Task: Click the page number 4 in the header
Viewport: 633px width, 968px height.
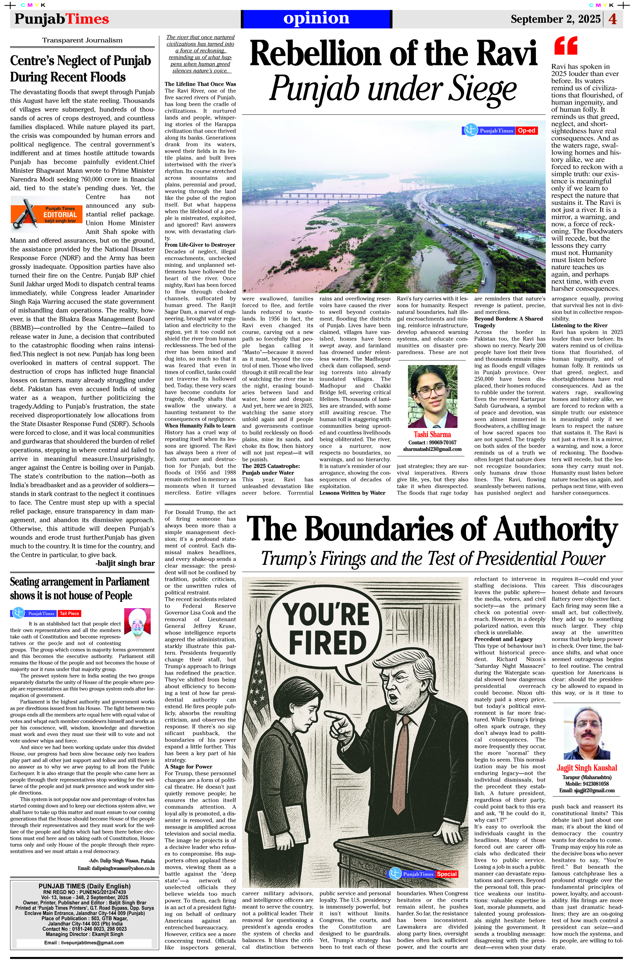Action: [x=613, y=19]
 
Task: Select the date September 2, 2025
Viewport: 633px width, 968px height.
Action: [x=555, y=19]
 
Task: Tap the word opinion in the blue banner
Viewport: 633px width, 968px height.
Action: [x=316, y=18]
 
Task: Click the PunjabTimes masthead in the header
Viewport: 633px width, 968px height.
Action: [x=61, y=19]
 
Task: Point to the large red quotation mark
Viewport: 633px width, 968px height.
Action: [x=566, y=46]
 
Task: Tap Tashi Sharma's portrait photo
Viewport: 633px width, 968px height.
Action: [x=432, y=396]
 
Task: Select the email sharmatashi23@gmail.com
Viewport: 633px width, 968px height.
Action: [x=432, y=449]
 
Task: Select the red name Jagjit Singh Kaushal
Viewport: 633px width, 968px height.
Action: [x=586, y=768]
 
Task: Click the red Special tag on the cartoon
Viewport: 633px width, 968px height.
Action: [x=447, y=874]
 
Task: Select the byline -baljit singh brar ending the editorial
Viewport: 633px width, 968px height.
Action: [x=125, y=563]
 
